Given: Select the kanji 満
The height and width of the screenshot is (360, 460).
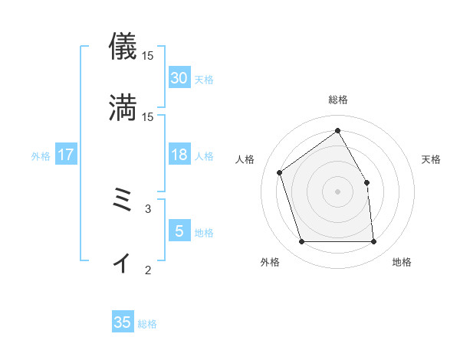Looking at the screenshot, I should (x=123, y=106).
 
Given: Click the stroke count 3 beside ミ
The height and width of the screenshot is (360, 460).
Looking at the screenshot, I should (x=148, y=208).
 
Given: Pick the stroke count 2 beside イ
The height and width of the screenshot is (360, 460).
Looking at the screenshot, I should (x=148, y=269).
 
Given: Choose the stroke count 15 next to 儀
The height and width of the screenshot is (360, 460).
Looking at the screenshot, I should (x=147, y=55).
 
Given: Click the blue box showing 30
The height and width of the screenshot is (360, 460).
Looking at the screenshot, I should (x=179, y=78).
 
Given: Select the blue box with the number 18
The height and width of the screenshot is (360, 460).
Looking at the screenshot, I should (x=179, y=155).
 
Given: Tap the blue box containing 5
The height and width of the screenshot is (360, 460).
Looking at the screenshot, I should (x=179, y=231).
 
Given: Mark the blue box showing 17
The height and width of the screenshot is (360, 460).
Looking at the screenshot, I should (x=66, y=155).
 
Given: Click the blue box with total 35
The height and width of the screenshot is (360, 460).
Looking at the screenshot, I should (x=123, y=322).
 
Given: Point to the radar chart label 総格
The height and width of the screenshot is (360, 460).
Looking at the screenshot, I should (x=338, y=100).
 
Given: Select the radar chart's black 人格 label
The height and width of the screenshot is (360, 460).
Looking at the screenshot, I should (x=245, y=159).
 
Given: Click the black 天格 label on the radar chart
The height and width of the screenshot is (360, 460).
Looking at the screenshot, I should (x=431, y=159).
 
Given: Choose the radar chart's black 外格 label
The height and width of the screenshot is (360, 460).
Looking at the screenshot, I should (x=270, y=262).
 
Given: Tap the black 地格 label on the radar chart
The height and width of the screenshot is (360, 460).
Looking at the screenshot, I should (x=402, y=262).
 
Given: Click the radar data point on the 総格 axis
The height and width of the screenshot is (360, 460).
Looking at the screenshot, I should (x=338, y=131).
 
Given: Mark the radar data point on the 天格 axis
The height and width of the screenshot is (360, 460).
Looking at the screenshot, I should (x=366, y=182).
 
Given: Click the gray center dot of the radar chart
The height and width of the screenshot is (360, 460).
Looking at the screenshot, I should (x=338, y=191).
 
